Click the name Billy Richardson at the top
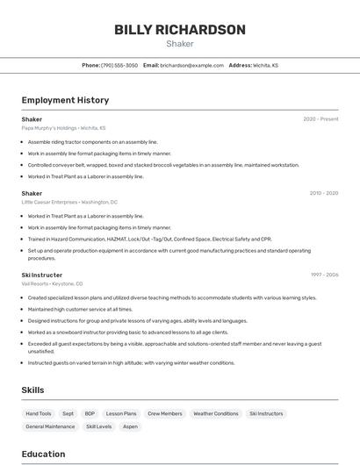pos(179,30)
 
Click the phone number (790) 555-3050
pos(119,65)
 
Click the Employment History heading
pos(65,100)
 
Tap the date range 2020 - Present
pos(320,119)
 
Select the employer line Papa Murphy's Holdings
pos(63,128)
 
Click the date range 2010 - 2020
pos(323,193)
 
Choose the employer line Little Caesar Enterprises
pos(69,202)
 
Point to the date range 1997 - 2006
pos(324,275)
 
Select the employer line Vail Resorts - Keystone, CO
pos(53,283)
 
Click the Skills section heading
pos(32,390)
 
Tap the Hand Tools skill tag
pos(39,413)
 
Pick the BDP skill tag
pos(90,413)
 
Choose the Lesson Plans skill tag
pos(121,413)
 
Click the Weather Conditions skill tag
pos(215,413)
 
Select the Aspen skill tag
pos(130,426)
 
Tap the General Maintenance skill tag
pos(50,426)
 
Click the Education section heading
pos(43,454)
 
